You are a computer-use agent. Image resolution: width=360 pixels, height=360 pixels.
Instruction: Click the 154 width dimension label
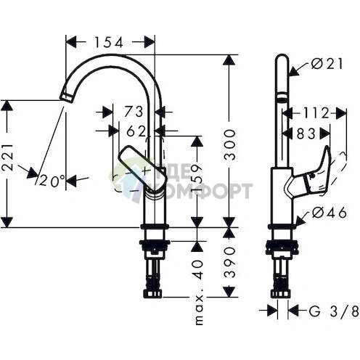(108, 42)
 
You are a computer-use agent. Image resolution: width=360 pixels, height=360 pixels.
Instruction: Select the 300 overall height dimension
(229, 144)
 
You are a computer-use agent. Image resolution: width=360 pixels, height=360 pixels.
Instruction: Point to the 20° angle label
(52, 181)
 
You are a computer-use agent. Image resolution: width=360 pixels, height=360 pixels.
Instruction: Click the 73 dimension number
(134, 112)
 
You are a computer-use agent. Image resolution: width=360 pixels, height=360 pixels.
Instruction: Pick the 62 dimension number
(136, 131)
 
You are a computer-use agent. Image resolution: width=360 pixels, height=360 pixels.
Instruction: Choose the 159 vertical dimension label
(197, 179)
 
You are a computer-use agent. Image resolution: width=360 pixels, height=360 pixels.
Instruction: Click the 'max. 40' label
(199, 292)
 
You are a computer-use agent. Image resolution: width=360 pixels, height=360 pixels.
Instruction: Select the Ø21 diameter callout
(327, 64)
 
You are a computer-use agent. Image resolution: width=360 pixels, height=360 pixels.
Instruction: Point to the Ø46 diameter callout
(330, 213)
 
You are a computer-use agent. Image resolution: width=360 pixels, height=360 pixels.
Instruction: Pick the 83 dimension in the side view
(306, 134)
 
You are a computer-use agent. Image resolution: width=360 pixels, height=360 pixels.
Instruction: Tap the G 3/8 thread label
(334, 311)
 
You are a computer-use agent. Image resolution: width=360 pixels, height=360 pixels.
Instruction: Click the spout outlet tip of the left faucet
(66, 97)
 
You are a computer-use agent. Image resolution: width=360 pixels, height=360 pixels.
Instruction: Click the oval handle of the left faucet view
(143, 169)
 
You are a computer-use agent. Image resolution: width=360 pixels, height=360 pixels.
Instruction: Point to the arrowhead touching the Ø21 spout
(295, 71)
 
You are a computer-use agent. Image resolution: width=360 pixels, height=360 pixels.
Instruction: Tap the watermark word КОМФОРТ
(208, 191)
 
